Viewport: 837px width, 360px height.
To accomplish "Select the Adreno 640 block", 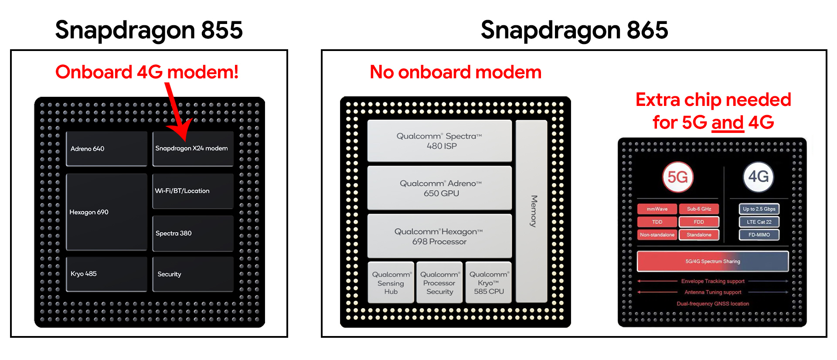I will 106,149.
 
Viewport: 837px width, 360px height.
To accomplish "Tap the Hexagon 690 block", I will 106,212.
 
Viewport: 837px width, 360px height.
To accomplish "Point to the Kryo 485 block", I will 106,274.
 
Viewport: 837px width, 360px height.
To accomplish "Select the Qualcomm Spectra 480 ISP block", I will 439,141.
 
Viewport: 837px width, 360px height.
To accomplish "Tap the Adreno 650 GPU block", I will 439,188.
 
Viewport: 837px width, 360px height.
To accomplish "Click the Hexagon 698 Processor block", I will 439,236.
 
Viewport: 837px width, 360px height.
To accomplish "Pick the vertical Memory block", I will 532,211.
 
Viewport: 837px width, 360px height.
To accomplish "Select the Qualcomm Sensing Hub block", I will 391,282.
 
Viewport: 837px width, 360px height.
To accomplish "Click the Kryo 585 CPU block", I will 488,282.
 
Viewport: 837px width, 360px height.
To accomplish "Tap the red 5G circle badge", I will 677,177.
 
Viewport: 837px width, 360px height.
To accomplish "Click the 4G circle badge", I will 759,177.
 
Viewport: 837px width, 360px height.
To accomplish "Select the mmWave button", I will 657,209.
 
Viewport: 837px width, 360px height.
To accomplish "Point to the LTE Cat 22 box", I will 759,222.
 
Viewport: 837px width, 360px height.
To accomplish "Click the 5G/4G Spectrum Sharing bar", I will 713,262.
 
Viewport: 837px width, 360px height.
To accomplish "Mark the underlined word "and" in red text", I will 728,122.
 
